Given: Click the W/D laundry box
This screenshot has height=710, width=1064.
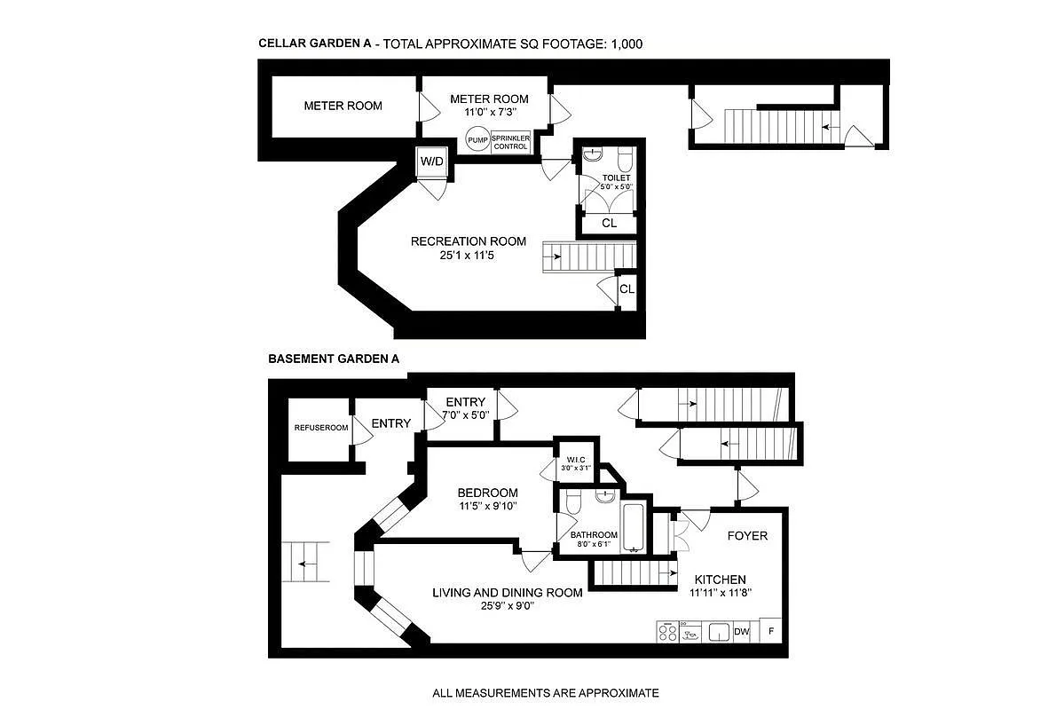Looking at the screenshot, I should [x=432, y=162].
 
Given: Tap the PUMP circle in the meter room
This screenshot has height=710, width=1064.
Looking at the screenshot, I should [x=477, y=140].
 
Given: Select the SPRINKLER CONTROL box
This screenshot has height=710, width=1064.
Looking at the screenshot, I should [x=510, y=141].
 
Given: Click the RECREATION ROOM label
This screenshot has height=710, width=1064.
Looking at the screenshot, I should [x=468, y=241].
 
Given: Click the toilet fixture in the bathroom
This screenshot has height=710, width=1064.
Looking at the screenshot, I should [x=572, y=502].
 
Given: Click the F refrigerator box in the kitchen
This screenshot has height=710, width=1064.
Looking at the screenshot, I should [x=771, y=632].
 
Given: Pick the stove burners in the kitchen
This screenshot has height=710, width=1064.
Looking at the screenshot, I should [x=666, y=632].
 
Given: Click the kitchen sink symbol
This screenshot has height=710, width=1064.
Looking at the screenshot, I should [x=719, y=632].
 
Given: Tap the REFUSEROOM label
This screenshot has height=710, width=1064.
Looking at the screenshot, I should [x=320, y=428].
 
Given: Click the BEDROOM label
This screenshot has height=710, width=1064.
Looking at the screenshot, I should [x=487, y=493].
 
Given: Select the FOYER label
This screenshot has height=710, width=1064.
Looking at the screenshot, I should [x=747, y=535].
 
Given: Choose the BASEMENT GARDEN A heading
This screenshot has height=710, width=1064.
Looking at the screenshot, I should [x=334, y=359].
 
